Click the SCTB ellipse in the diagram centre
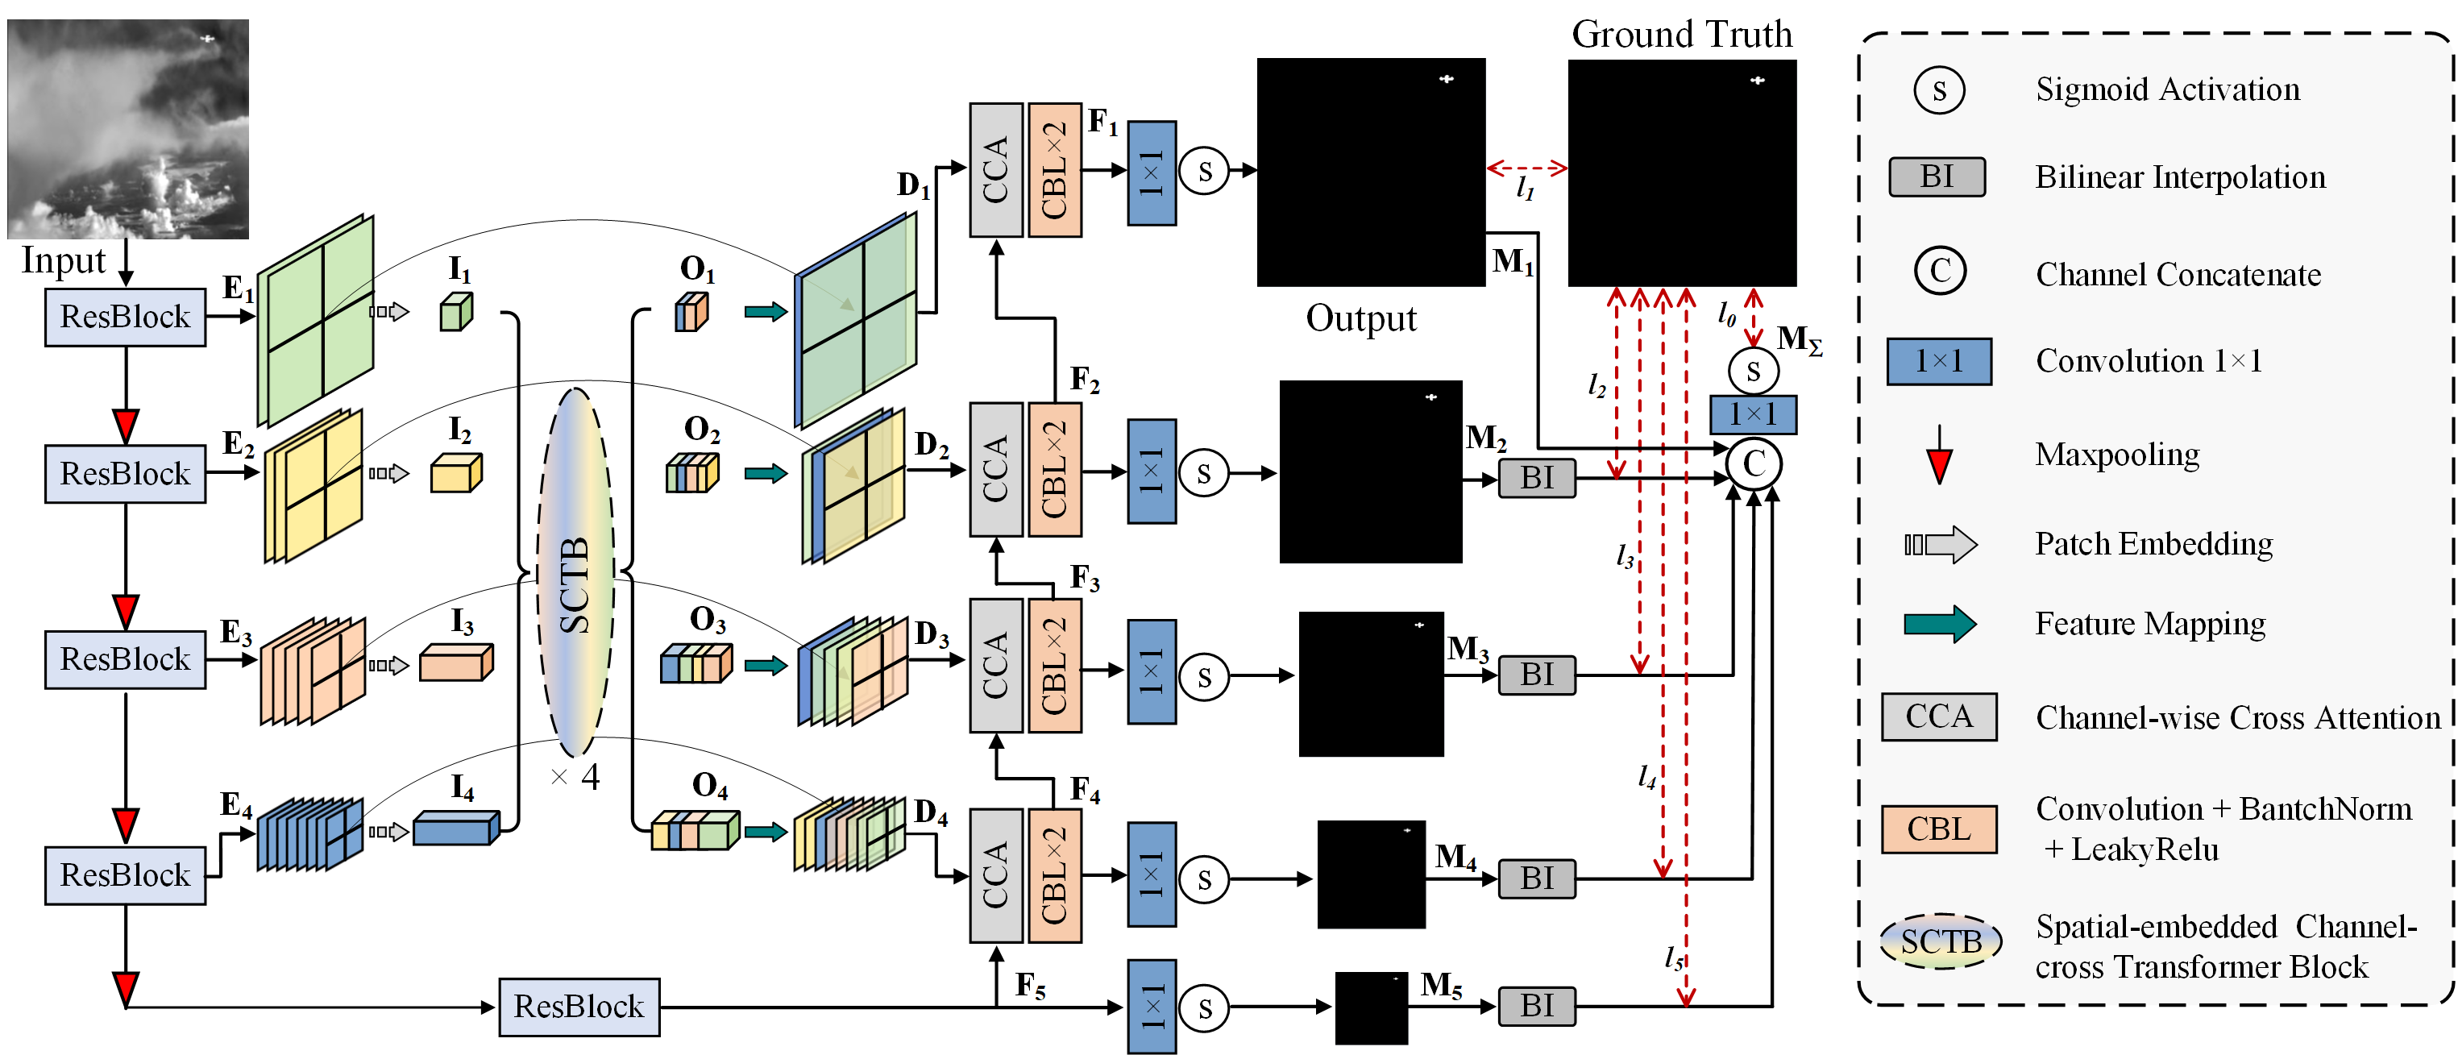[x=575, y=572]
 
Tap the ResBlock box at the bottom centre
[x=579, y=1007]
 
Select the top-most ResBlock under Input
[x=125, y=317]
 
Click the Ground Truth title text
[x=1681, y=35]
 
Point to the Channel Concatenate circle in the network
[x=1754, y=464]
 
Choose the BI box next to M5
[x=1536, y=1007]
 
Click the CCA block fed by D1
[x=995, y=170]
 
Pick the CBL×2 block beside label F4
[x=1054, y=875]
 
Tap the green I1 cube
[x=456, y=312]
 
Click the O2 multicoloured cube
[x=691, y=473]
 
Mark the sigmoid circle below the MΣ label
[x=1753, y=371]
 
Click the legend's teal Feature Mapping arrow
[x=1940, y=624]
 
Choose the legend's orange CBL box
[x=1939, y=829]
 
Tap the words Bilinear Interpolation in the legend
[x=2180, y=177]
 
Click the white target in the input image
[x=207, y=39]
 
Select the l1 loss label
[x=1526, y=187]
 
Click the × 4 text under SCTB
[x=575, y=778]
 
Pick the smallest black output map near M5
[x=1370, y=1007]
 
